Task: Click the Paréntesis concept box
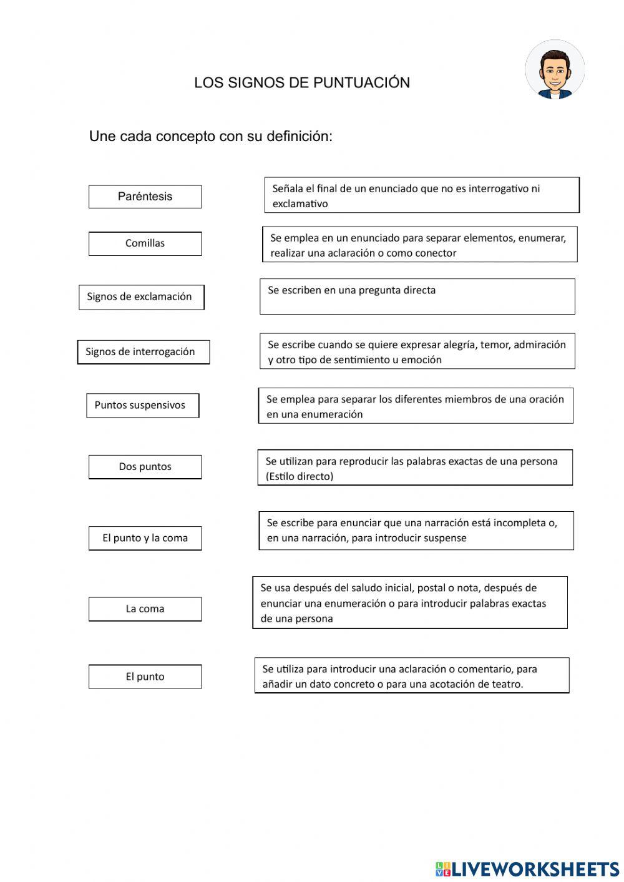click(145, 197)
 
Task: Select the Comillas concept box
click(145, 243)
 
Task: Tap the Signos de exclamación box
click(141, 297)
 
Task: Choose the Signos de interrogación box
click(143, 352)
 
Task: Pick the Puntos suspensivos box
click(142, 405)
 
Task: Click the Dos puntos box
click(145, 467)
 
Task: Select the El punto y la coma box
click(145, 538)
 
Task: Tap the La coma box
click(145, 609)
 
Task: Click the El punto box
click(145, 677)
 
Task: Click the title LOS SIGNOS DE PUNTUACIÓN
click(302, 83)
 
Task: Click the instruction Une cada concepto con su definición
click(211, 136)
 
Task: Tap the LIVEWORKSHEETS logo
click(527, 868)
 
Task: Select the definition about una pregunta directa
click(417, 296)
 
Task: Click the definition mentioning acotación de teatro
click(412, 675)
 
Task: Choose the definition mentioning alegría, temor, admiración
click(417, 351)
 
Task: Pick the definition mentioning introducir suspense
click(416, 531)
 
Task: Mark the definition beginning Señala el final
click(422, 195)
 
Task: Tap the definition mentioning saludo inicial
click(410, 602)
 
